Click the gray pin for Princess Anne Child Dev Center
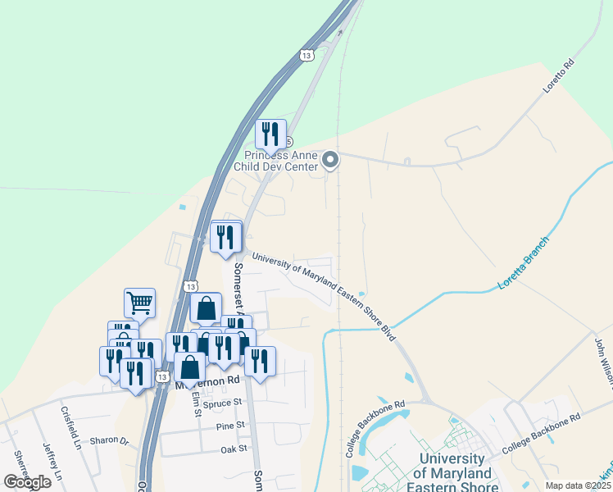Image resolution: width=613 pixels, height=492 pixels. point(330,160)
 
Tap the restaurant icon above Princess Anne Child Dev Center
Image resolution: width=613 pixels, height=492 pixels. point(270,134)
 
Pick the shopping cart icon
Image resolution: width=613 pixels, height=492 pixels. point(140,303)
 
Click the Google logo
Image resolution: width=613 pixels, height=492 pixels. point(27,482)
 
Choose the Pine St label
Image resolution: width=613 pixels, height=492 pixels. point(231,425)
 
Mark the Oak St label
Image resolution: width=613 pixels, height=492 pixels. point(234,449)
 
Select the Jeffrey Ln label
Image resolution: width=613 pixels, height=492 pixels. point(52,462)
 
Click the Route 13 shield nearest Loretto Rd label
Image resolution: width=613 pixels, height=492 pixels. point(306,55)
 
